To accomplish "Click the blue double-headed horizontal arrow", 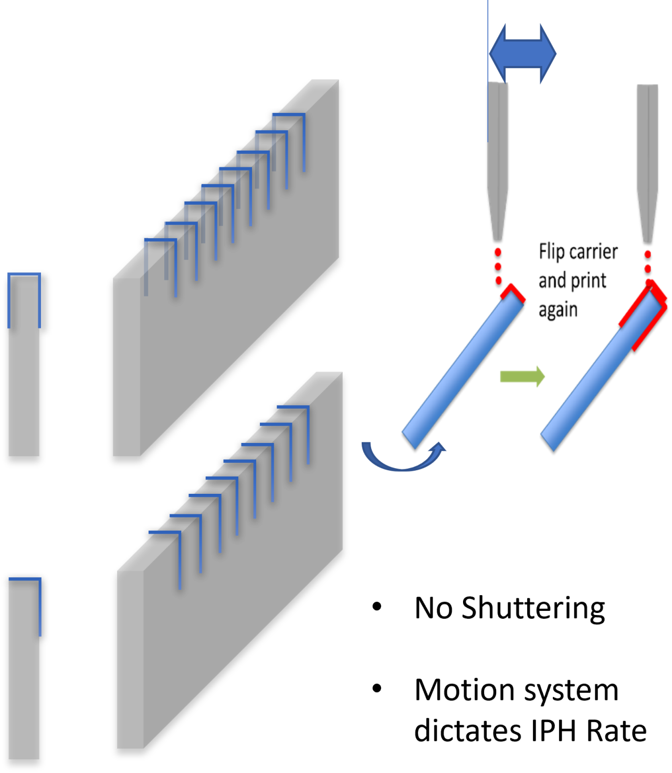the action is [522, 54].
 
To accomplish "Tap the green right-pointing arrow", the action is [522, 376].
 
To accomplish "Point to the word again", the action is [558, 311].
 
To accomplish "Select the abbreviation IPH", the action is [553, 730].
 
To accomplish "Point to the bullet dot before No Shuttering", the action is [377, 607].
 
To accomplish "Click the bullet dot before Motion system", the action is [377, 689].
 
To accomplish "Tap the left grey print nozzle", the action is [497, 162].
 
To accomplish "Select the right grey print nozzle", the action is [647, 163].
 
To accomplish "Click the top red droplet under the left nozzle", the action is [498, 252].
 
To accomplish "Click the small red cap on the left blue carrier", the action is [513, 293].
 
